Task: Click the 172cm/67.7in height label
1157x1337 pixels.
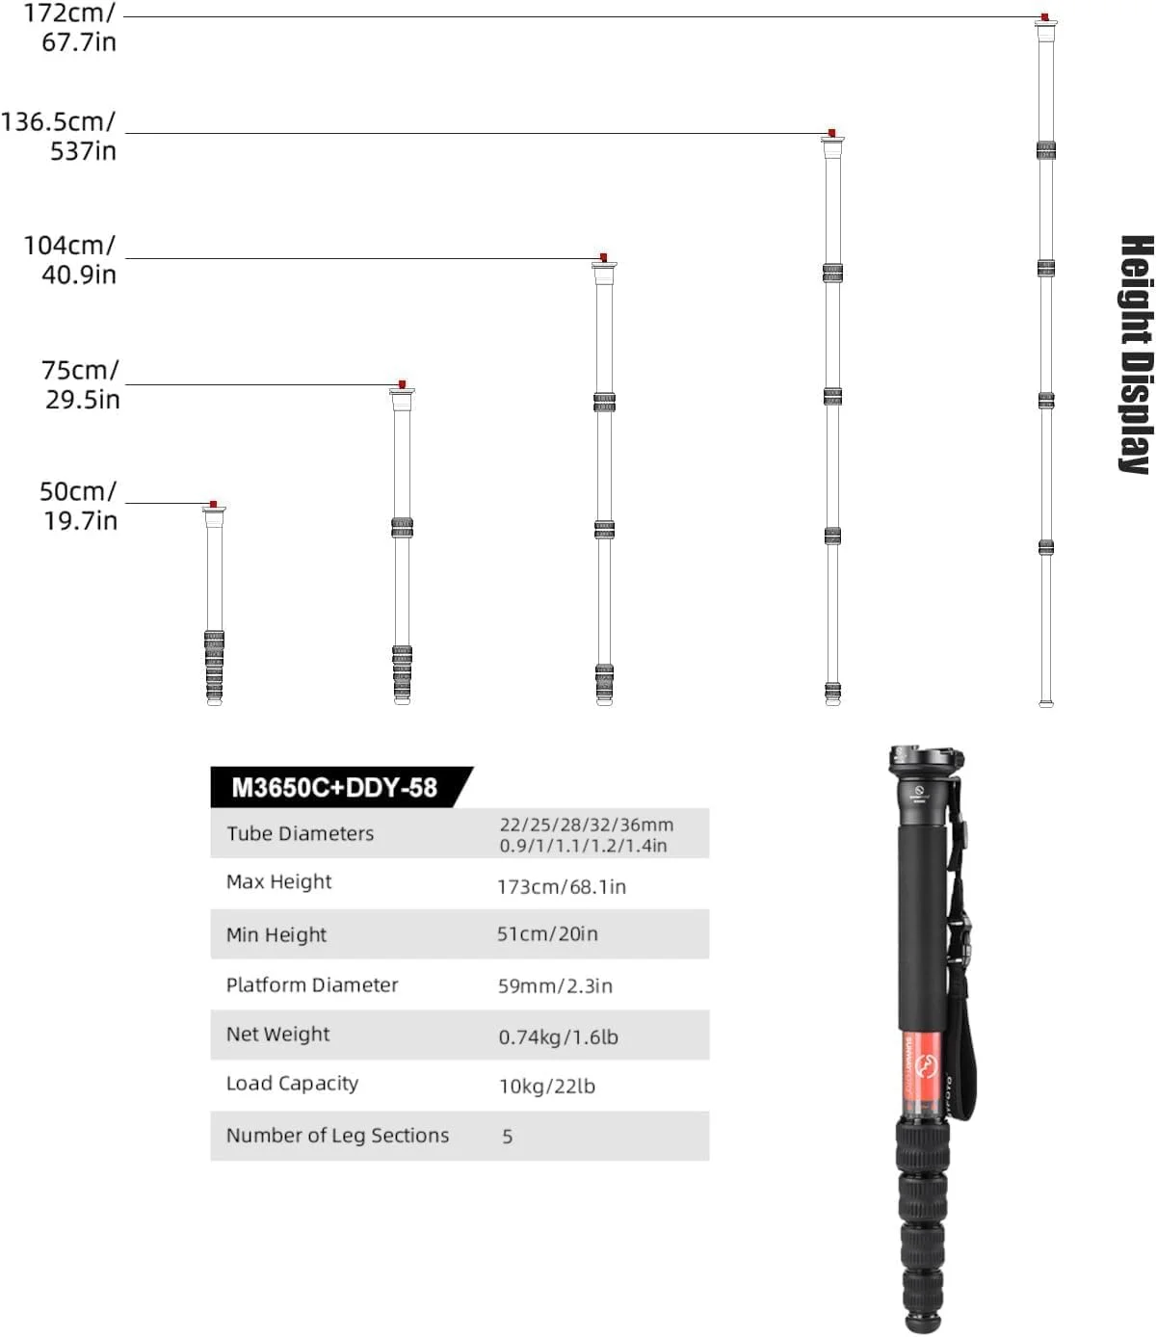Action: pos(70,27)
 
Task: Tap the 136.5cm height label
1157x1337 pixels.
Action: pos(58,136)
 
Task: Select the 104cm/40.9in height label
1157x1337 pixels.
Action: pos(70,260)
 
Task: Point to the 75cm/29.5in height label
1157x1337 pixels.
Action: pos(81,385)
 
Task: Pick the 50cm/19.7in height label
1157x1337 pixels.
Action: pos(78,506)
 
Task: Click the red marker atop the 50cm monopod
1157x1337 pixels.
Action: pos(214,504)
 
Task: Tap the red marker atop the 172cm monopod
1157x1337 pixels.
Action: pos(1044,16)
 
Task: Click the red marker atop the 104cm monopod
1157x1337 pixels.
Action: pos(603,257)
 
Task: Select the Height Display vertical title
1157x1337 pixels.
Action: pos(1136,355)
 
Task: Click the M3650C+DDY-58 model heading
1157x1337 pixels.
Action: pos(334,788)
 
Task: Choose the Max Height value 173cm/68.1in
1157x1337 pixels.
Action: pos(561,886)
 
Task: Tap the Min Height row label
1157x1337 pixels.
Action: pos(276,934)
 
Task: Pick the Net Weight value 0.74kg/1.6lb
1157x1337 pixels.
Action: pos(558,1036)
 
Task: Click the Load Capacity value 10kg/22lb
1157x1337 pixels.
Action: pos(547,1086)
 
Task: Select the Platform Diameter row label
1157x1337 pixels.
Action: pos(312,984)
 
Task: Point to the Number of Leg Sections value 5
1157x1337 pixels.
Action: pos(508,1137)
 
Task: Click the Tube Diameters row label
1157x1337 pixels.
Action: pos(301,833)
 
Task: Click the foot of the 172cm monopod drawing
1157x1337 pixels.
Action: pos(1045,703)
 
